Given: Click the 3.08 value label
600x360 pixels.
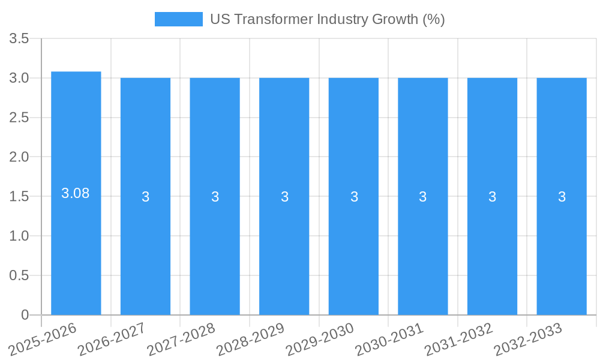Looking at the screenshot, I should [x=76, y=193].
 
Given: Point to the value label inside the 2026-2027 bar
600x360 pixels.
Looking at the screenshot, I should [x=145, y=197].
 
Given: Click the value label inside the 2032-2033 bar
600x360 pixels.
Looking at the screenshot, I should [x=562, y=197].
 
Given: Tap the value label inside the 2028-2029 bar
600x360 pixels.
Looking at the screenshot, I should [x=284, y=197].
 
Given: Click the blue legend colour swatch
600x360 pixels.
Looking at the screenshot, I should [x=178, y=19].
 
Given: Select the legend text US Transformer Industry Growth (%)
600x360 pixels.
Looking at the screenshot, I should [x=327, y=19].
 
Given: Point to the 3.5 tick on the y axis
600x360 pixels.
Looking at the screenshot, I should [x=19, y=39].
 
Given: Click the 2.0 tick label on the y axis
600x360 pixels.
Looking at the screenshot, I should [x=19, y=157].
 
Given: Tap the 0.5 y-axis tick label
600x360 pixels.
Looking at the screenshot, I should [x=19, y=275].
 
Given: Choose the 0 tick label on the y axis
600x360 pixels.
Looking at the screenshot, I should [x=25, y=315].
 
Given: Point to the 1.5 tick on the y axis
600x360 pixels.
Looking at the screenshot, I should [x=19, y=197].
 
